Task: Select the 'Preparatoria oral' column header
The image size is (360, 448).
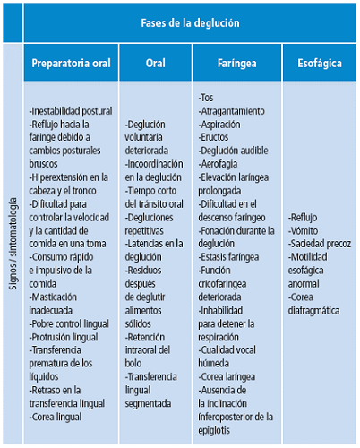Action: (x=72, y=64)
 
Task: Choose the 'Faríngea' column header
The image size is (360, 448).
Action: (x=238, y=64)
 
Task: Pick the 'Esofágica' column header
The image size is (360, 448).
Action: (x=319, y=64)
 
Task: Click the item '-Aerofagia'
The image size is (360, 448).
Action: (x=220, y=164)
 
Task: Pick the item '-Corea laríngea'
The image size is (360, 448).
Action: (x=228, y=376)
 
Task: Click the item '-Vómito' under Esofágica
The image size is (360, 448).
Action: (x=305, y=230)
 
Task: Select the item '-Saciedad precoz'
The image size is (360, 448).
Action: (x=320, y=244)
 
